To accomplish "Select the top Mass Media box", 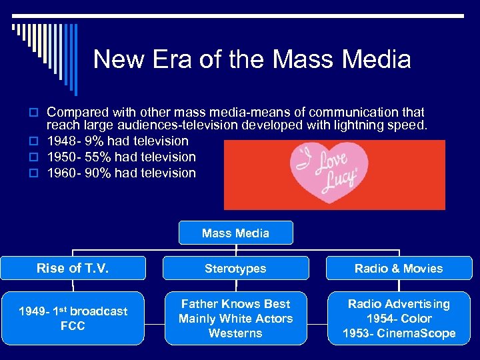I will [235, 233].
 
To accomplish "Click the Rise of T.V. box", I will [72, 268].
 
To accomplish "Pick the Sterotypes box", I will [235, 269].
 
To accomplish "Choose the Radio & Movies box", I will [399, 269].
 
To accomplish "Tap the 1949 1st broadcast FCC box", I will [72, 318].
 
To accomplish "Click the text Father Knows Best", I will [235, 304].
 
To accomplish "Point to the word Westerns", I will [235, 333].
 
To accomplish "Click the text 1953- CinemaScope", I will [399, 333].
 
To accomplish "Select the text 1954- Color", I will [399, 319].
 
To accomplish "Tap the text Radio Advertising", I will [399, 304].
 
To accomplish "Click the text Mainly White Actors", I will [235, 319].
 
